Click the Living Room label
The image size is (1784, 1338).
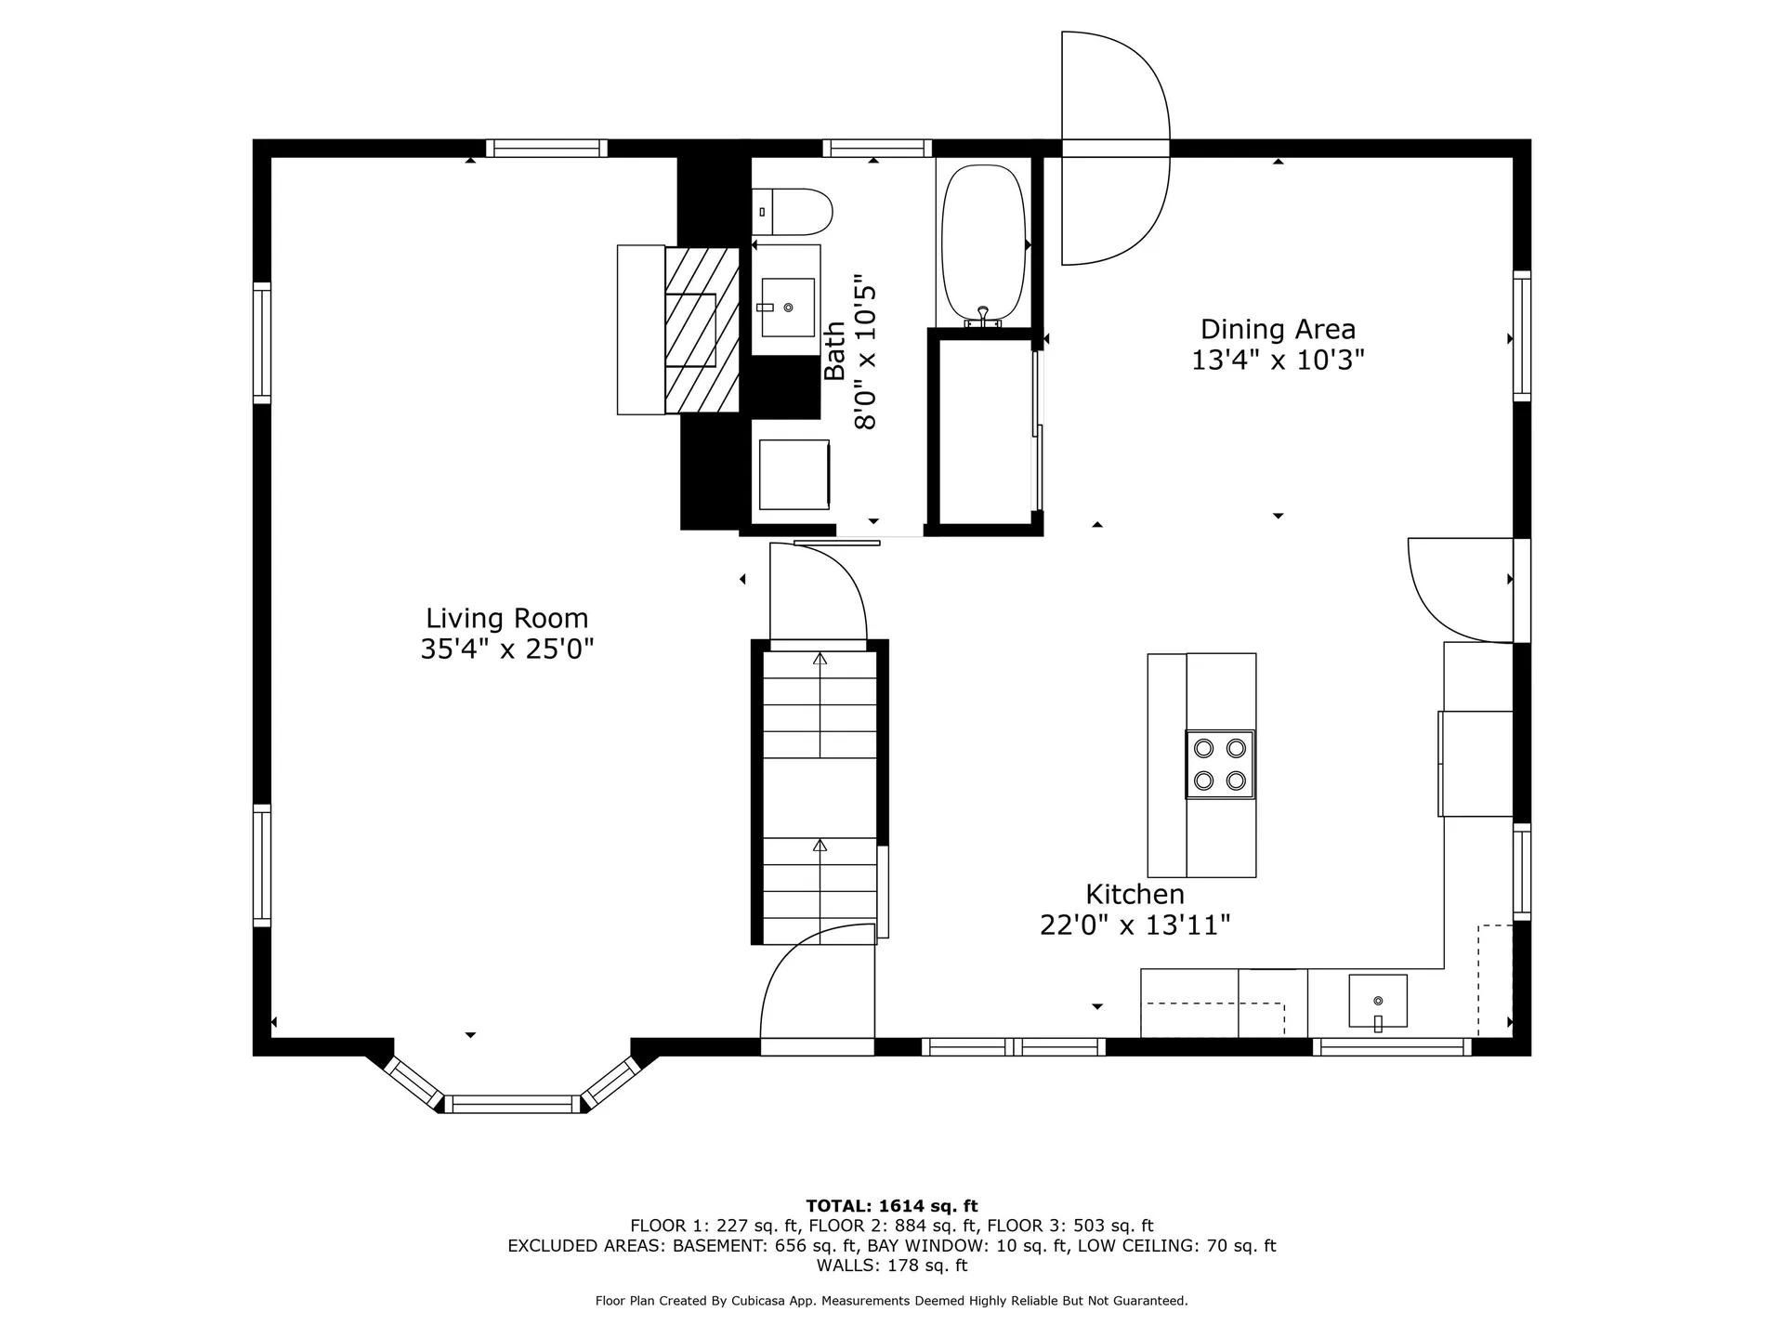[x=506, y=618]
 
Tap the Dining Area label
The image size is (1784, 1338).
[x=1278, y=329]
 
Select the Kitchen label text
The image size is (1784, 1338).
[x=1135, y=895]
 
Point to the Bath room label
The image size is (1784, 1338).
[x=835, y=351]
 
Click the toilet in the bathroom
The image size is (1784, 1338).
[x=791, y=212]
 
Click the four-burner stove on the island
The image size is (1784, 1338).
[x=1219, y=764]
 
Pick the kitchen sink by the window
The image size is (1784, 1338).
[x=1377, y=1002]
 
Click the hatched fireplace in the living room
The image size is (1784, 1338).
[x=702, y=330]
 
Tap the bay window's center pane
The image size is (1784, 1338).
[x=512, y=1104]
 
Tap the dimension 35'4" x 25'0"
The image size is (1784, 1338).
[x=506, y=649]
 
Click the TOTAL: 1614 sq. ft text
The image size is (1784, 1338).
[x=892, y=1206]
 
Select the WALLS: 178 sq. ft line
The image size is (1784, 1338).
[x=892, y=1266]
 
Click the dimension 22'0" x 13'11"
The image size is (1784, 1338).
[x=1135, y=925]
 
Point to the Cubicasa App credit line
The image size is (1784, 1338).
[x=892, y=1301]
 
